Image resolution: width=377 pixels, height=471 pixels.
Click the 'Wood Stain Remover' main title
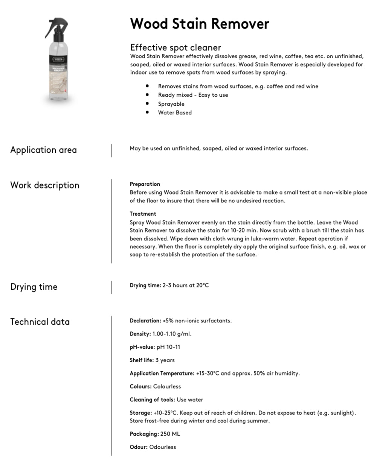click(200, 24)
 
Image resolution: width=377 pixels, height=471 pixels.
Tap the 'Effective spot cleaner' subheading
click(176, 47)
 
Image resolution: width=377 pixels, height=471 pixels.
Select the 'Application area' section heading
click(43, 150)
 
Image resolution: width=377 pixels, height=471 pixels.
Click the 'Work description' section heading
click(45, 185)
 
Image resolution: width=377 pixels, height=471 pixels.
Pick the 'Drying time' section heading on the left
click(34, 287)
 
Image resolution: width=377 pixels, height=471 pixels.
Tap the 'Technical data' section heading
click(40, 322)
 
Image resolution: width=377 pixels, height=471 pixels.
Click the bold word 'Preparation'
click(145, 184)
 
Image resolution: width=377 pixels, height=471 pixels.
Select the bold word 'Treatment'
click(143, 214)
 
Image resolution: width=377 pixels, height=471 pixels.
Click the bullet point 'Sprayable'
click(171, 104)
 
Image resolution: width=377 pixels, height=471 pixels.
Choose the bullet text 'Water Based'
click(175, 112)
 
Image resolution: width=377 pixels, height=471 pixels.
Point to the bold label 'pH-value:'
click(142, 347)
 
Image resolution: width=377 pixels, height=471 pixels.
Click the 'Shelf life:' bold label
click(142, 360)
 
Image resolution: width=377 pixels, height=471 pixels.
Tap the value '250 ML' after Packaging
click(170, 434)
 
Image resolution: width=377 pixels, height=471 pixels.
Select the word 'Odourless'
click(163, 447)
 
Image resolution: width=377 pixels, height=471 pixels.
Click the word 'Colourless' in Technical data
click(167, 386)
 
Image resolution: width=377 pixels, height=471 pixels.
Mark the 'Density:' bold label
click(140, 334)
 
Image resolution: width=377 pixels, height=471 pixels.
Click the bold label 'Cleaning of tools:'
click(152, 400)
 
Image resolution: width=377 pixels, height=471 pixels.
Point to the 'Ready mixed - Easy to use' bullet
click(193, 95)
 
